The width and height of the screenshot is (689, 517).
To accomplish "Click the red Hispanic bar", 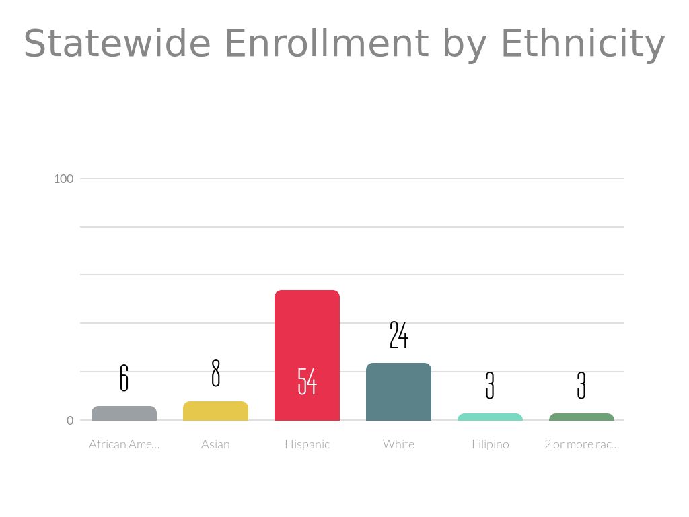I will click(x=307, y=337).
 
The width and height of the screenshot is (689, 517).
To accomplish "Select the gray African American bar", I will click(x=124, y=413).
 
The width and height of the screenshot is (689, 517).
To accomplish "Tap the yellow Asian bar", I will click(x=215, y=411).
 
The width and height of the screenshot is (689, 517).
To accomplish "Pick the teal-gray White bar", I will click(x=398, y=392).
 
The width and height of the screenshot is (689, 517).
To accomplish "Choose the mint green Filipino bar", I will click(x=490, y=417).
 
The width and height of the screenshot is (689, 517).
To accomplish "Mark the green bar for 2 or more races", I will click(x=581, y=417).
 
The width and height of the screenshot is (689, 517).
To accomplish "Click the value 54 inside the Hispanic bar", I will click(x=307, y=381).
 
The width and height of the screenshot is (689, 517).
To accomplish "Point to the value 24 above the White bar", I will click(x=398, y=335).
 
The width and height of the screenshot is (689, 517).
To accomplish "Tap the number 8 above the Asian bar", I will click(x=215, y=373).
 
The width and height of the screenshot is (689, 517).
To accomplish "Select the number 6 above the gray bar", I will click(x=124, y=378).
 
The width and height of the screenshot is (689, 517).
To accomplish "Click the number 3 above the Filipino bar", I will click(x=490, y=385).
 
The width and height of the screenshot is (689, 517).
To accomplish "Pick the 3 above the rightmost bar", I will click(x=581, y=385).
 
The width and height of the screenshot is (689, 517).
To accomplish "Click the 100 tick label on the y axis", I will click(x=63, y=178).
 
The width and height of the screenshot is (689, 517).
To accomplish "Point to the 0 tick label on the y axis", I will click(x=69, y=421).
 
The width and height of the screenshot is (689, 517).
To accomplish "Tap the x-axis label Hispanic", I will click(x=307, y=444).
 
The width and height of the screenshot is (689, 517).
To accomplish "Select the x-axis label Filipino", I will click(x=490, y=444).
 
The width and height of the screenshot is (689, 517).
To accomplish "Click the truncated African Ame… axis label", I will click(x=124, y=444).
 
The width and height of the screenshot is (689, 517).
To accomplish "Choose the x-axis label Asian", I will click(x=215, y=444).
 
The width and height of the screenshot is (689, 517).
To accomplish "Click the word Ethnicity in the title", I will click(x=583, y=44).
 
